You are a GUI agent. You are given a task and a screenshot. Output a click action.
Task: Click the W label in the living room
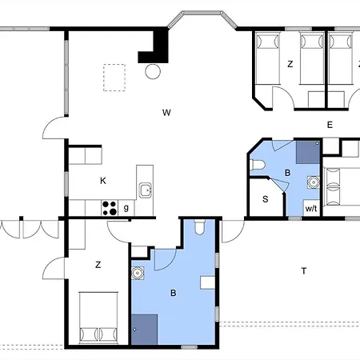click(x=166, y=113)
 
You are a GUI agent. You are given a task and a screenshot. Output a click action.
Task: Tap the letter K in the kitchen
click(x=103, y=181)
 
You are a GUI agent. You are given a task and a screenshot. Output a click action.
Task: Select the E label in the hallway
click(x=330, y=125)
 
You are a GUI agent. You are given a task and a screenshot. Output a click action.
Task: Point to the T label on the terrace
click(x=304, y=271)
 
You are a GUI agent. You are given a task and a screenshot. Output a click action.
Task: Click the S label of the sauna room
click(x=265, y=199)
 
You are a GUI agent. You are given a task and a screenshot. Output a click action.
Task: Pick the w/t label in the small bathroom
click(x=311, y=208)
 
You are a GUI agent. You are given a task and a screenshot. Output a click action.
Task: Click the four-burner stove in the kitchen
click(x=110, y=208)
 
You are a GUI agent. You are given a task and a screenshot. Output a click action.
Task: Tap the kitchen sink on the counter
click(x=146, y=190)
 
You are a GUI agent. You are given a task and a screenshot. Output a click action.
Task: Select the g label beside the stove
click(x=126, y=207)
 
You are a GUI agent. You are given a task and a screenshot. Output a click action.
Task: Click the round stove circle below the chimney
click(x=153, y=71)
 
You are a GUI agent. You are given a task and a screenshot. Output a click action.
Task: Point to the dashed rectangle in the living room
click(x=114, y=78)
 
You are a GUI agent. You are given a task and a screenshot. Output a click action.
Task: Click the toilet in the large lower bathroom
click(x=199, y=226)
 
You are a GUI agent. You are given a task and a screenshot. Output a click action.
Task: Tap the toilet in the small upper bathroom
click(x=258, y=165)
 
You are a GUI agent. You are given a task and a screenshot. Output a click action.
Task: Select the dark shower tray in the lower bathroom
click(x=144, y=330)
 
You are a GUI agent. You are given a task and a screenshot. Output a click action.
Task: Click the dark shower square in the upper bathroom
click(x=308, y=152)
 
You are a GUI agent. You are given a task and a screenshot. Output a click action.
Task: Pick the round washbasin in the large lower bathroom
click(x=138, y=273)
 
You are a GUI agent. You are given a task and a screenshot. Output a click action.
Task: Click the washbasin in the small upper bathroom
click(x=314, y=182)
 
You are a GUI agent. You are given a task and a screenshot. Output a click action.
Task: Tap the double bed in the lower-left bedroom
click(x=98, y=318)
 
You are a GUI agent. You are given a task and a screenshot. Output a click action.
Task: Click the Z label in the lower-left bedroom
click(x=98, y=265)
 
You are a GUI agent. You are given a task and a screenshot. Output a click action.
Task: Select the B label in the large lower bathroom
click(x=174, y=293)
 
